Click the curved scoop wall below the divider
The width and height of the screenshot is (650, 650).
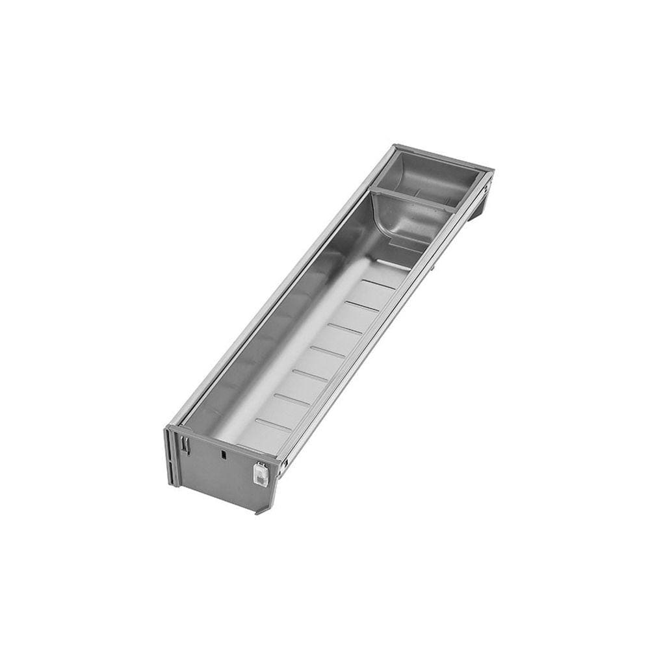390,224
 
